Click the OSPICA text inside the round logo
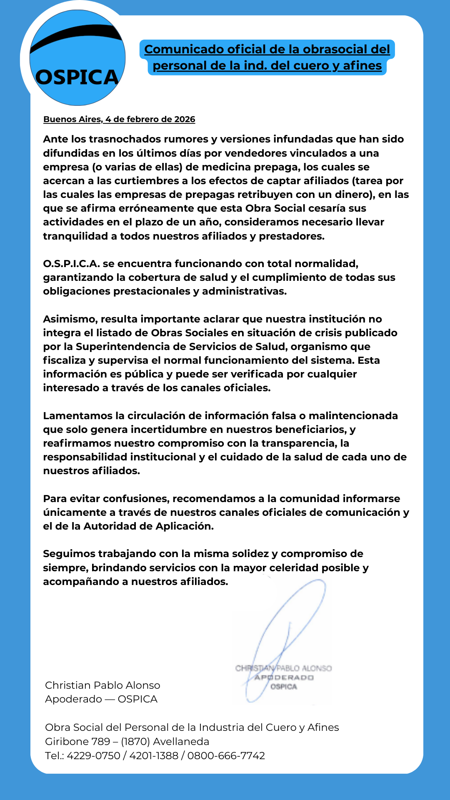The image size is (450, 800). pos(77,77)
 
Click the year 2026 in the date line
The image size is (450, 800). pos(185,119)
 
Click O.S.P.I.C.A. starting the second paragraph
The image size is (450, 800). pos(71,264)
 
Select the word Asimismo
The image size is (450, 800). pos(70,319)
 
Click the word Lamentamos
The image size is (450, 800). pos(78,416)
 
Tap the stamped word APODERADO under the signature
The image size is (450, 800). pos(284,677)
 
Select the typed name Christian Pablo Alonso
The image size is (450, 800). pos(102,685)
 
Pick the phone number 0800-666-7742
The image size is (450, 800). pos(226,756)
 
